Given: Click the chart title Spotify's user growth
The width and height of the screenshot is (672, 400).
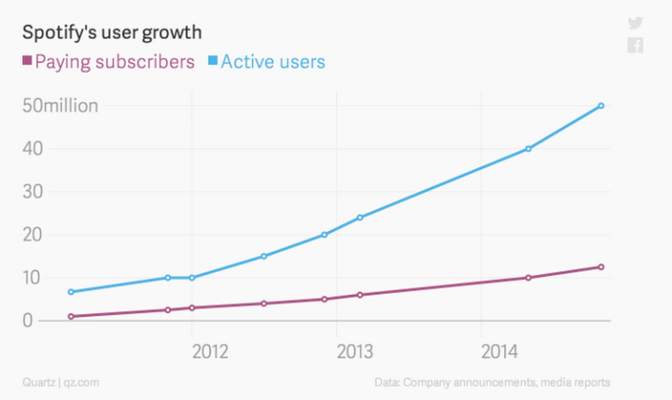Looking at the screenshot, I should [111, 33].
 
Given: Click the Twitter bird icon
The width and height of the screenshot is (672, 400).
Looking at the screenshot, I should [635, 24].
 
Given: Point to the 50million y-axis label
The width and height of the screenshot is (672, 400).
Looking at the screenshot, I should [60, 106].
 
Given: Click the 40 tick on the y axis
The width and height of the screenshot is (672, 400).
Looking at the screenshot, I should [33, 149].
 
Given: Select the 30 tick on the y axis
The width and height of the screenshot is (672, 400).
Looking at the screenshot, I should [33, 192].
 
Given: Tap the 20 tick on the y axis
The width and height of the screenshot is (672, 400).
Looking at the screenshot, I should [33, 235].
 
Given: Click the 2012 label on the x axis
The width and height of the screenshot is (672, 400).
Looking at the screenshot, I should [210, 351].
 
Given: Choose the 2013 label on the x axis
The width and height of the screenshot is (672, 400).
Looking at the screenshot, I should [355, 351].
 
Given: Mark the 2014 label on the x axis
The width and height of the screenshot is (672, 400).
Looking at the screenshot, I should [500, 351].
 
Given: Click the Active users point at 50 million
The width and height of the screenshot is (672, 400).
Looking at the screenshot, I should [601, 106].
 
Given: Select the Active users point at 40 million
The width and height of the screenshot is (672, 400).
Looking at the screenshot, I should [528, 149].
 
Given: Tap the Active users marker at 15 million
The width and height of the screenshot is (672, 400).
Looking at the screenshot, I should [263, 257].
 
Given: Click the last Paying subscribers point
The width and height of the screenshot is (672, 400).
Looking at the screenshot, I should [601, 267].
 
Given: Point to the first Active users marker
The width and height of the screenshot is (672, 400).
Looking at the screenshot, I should [70, 292].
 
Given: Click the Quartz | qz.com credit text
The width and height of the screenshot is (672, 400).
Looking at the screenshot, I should [60, 383].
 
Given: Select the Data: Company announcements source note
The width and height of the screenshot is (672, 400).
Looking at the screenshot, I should [492, 383].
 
